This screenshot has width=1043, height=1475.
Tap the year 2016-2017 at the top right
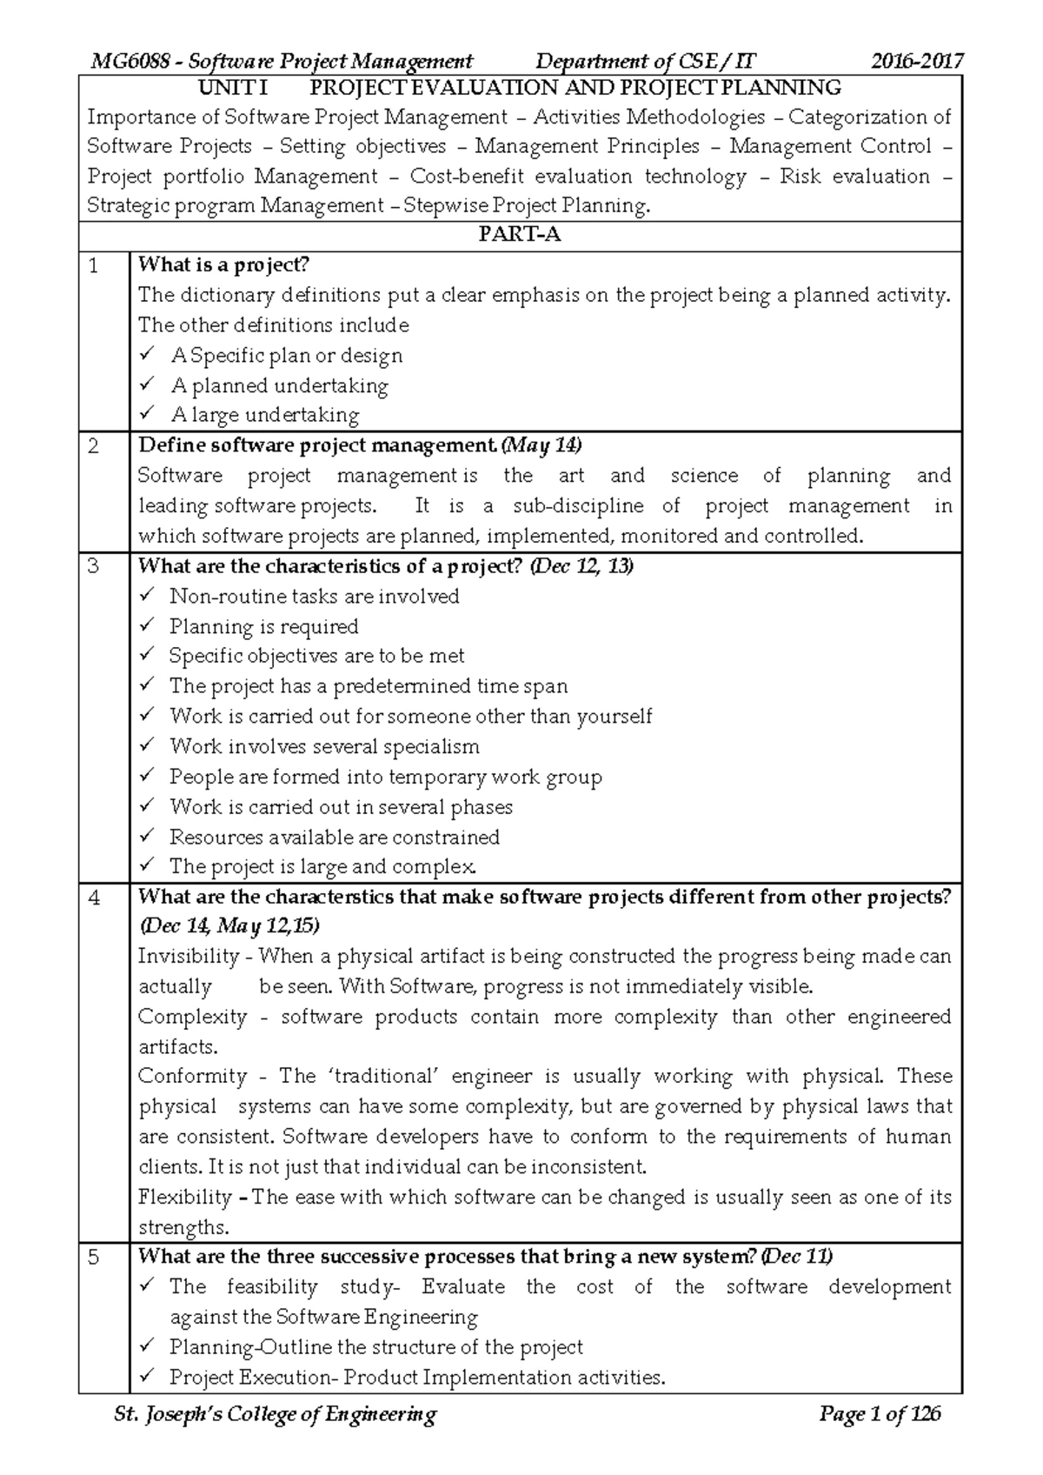click(x=917, y=62)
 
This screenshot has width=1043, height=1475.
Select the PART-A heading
click(x=520, y=236)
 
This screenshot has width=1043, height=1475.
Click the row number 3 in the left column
click(x=95, y=567)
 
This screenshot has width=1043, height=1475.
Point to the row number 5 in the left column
click(x=95, y=1258)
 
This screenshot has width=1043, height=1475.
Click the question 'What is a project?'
click(x=224, y=265)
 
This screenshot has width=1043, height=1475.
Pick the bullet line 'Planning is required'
click(x=263, y=627)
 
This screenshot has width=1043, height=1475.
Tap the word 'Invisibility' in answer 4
click(x=189, y=957)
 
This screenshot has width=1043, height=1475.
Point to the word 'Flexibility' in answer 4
click(x=185, y=1198)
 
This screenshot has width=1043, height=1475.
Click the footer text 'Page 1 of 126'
click(x=880, y=1415)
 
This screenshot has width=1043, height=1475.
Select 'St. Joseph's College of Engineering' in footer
click(x=276, y=1415)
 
